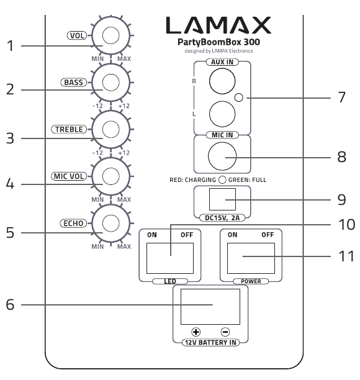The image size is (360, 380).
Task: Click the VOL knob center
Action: click(x=110, y=35)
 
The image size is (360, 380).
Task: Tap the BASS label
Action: click(x=73, y=83)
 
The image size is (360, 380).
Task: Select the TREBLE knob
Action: click(x=110, y=129)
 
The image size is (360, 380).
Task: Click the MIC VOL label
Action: click(x=69, y=176)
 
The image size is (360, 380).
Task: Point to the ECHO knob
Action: click(x=110, y=223)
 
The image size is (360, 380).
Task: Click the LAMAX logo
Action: click(x=218, y=25)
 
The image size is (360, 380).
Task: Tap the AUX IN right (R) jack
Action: click(x=222, y=81)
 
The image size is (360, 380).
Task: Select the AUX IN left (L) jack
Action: click(x=222, y=114)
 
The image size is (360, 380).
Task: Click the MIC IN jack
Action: click(x=222, y=156)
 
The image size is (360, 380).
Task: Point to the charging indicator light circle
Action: click(x=222, y=180)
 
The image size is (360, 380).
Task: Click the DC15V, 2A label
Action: click(x=222, y=218)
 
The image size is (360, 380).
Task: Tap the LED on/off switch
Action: click(x=170, y=258)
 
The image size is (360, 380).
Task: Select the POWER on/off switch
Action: click(x=251, y=258)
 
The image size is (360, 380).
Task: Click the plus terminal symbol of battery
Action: click(x=196, y=332)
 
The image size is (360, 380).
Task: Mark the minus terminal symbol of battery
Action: click(x=225, y=332)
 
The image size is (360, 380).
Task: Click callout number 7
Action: click(x=341, y=97)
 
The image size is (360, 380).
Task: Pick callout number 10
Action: click(x=347, y=224)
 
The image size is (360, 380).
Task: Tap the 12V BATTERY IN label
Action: click(x=210, y=343)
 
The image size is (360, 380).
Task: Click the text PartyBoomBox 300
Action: click(x=218, y=42)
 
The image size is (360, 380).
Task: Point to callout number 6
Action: click(x=10, y=304)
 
